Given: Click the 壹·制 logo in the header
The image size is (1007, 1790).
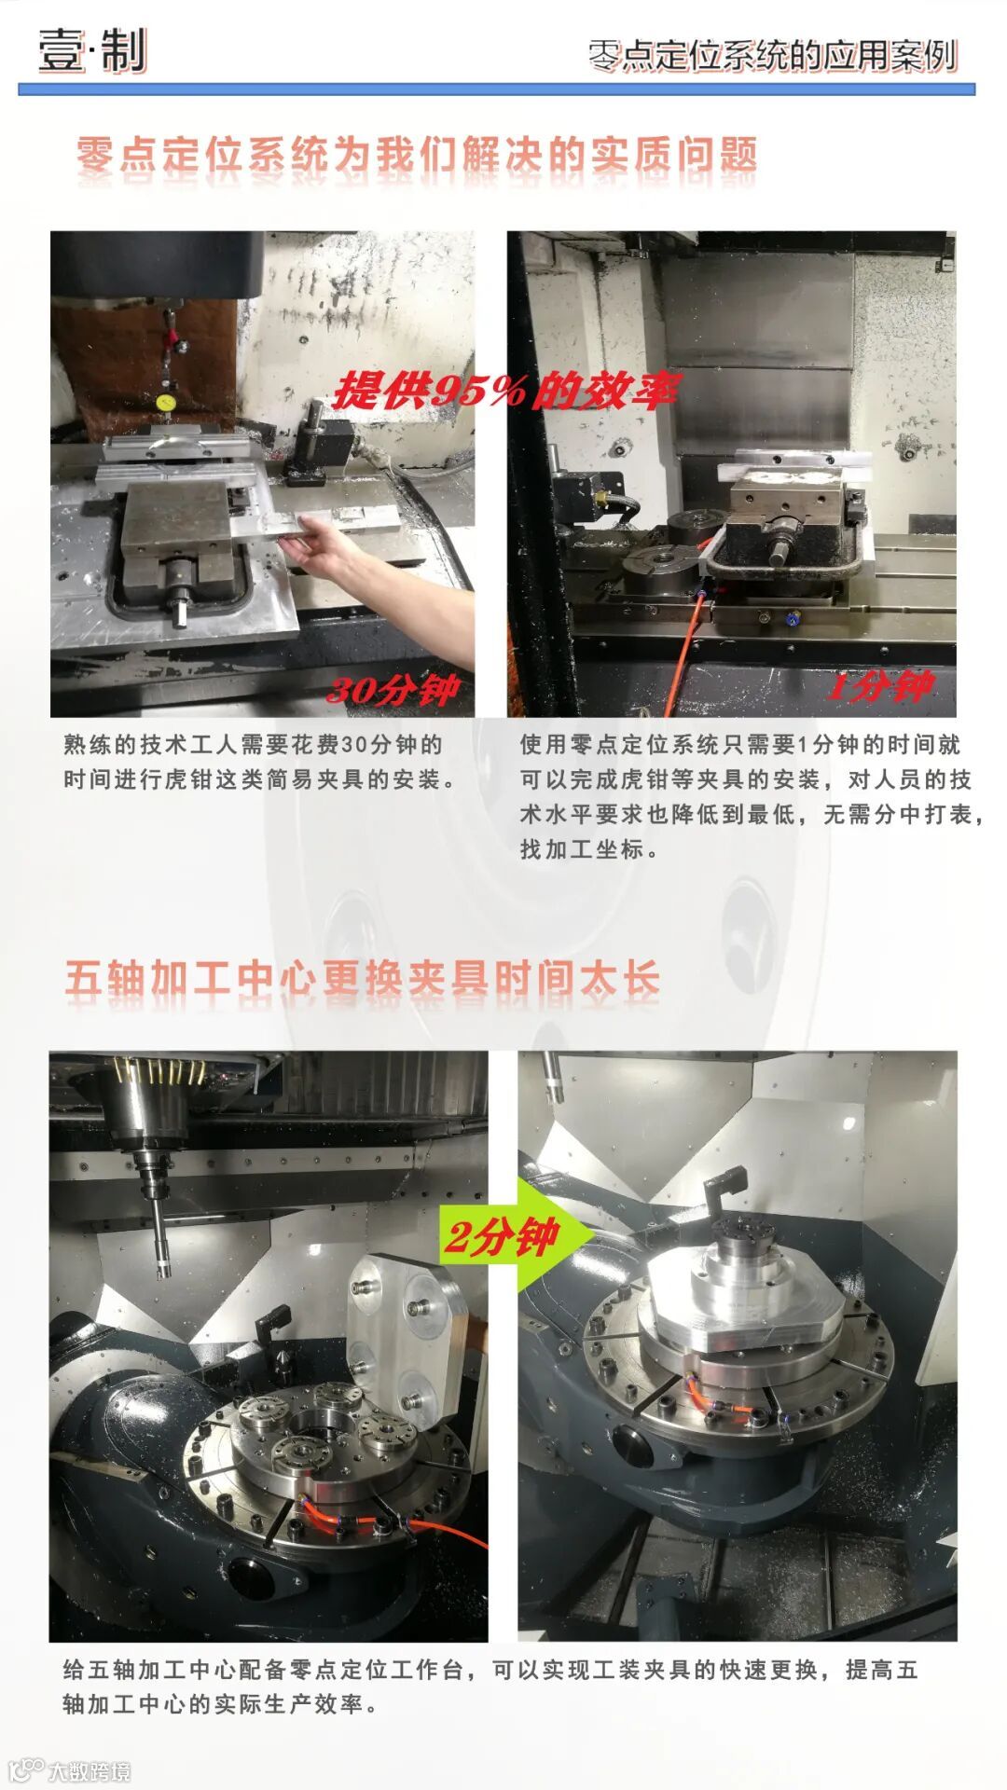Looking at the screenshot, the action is click(91, 50).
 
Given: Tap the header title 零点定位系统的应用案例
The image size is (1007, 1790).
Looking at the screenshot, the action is click(773, 56).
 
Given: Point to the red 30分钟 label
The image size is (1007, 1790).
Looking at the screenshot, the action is click(393, 690).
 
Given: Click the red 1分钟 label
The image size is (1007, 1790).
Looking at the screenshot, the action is click(880, 687).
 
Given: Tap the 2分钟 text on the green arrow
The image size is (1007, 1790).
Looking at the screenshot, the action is click(500, 1238).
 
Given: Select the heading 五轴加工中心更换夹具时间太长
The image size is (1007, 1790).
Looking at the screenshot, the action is click(363, 979).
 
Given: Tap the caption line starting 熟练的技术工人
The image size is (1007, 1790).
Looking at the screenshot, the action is click(253, 745).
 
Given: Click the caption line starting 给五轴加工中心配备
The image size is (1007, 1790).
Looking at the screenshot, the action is click(490, 1670).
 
